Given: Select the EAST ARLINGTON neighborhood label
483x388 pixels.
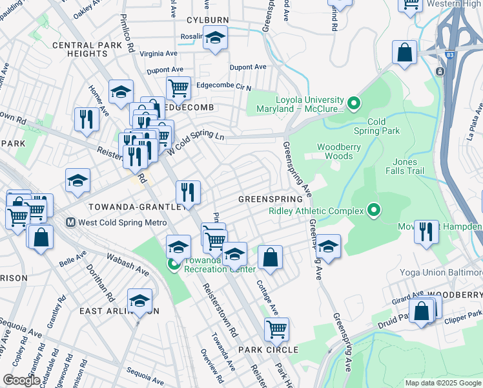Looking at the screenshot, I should point(119,310).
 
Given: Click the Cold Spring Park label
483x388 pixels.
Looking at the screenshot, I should point(384,126).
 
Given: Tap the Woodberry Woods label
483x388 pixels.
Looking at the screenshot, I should point(339,151).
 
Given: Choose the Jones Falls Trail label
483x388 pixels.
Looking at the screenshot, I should point(406,166).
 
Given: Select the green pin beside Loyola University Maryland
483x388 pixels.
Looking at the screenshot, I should point(353,103).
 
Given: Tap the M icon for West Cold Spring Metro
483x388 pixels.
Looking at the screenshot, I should point(72,222).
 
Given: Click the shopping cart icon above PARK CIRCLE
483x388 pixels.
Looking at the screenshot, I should point(276,329).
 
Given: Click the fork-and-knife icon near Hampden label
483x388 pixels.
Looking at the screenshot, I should point(426,232).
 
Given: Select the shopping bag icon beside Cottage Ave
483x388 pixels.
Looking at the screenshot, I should point(271,257).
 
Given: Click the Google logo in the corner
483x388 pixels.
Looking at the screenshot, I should point(21,380).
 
